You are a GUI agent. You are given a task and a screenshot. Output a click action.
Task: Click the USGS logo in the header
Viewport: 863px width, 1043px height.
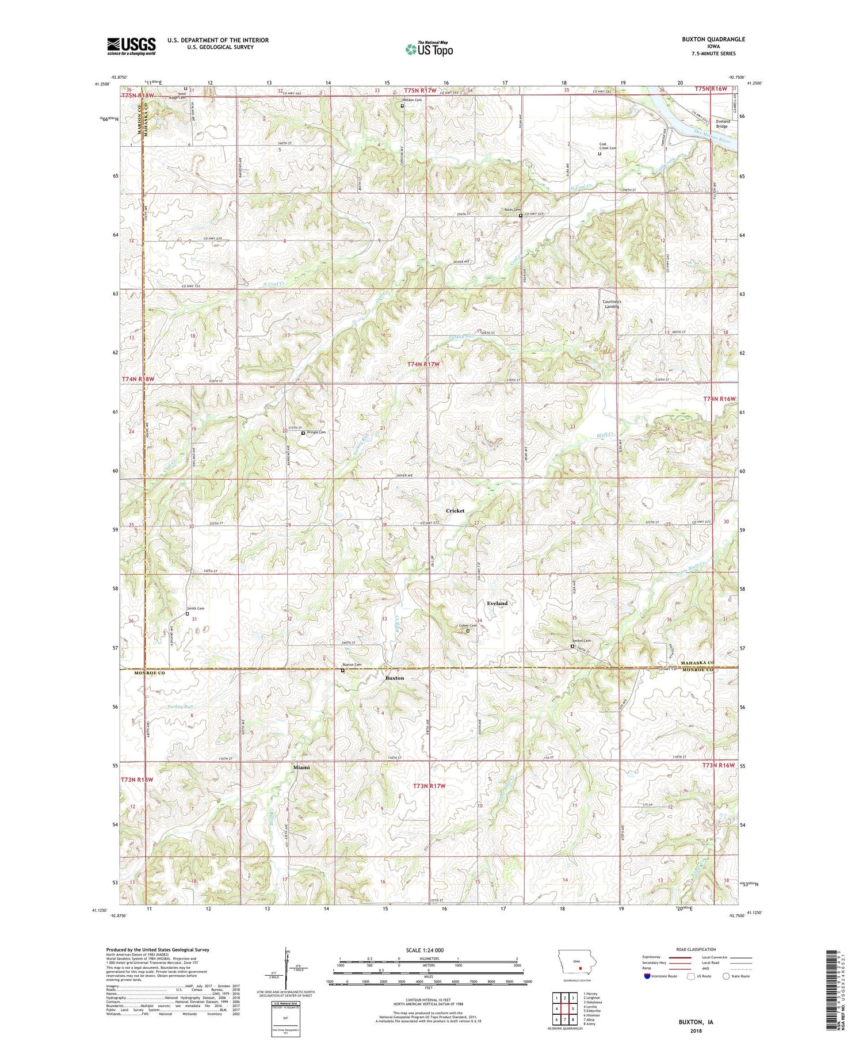coord(131,46)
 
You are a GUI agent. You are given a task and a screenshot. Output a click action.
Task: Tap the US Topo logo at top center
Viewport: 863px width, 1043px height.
coord(429,49)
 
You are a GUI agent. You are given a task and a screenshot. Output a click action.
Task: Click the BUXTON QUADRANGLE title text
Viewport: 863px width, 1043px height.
coord(711,39)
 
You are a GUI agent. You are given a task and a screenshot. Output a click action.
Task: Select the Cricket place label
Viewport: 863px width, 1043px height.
coord(455,511)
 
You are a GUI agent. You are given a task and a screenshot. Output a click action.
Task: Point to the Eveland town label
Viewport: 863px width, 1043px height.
coord(497,603)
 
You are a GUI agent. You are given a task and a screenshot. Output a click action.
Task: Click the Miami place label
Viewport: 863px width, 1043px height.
coord(301,767)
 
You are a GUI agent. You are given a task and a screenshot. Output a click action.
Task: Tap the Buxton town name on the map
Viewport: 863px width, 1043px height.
coord(395,678)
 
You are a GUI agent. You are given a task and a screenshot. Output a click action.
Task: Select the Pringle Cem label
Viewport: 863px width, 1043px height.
coord(316,432)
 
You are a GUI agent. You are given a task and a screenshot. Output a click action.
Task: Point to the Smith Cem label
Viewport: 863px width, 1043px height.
coord(195,608)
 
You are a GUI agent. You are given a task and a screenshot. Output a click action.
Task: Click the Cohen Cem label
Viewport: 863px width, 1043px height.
coord(467,625)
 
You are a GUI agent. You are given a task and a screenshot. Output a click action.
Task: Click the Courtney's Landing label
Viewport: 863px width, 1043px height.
coord(611,304)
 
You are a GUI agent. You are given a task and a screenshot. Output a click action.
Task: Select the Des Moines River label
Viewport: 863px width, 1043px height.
coord(712,140)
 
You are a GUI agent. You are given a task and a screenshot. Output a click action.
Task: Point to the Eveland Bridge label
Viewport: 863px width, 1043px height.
coord(723,124)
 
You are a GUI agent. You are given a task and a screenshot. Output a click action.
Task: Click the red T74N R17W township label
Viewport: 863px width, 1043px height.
coord(423,364)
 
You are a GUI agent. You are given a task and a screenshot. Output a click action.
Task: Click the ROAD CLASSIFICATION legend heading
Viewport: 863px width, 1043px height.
coord(696,949)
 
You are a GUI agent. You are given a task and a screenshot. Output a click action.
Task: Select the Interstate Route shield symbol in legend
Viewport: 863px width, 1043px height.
coord(647,976)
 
